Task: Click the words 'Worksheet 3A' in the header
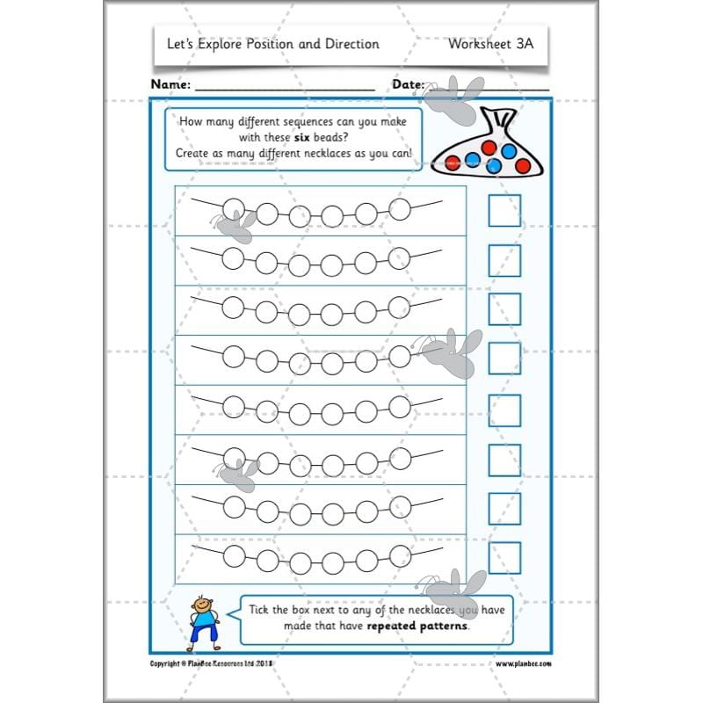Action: pyautogui.click(x=490, y=43)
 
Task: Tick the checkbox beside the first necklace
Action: pyautogui.click(x=504, y=211)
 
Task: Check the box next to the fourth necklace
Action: pyautogui.click(x=504, y=359)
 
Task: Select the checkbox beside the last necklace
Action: pyautogui.click(x=504, y=557)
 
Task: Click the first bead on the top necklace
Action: pyautogui.click(x=233, y=208)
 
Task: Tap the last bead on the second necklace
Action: pyautogui.click(x=400, y=257)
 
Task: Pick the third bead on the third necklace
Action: pyautogui.click(x=299, y=312)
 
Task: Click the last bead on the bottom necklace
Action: pyautogui.click(x=400, y=554)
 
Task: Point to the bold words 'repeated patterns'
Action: pyautogui.click(x=417, y=627)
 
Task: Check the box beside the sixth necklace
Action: pyautogui.click(x=504, y=459)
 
